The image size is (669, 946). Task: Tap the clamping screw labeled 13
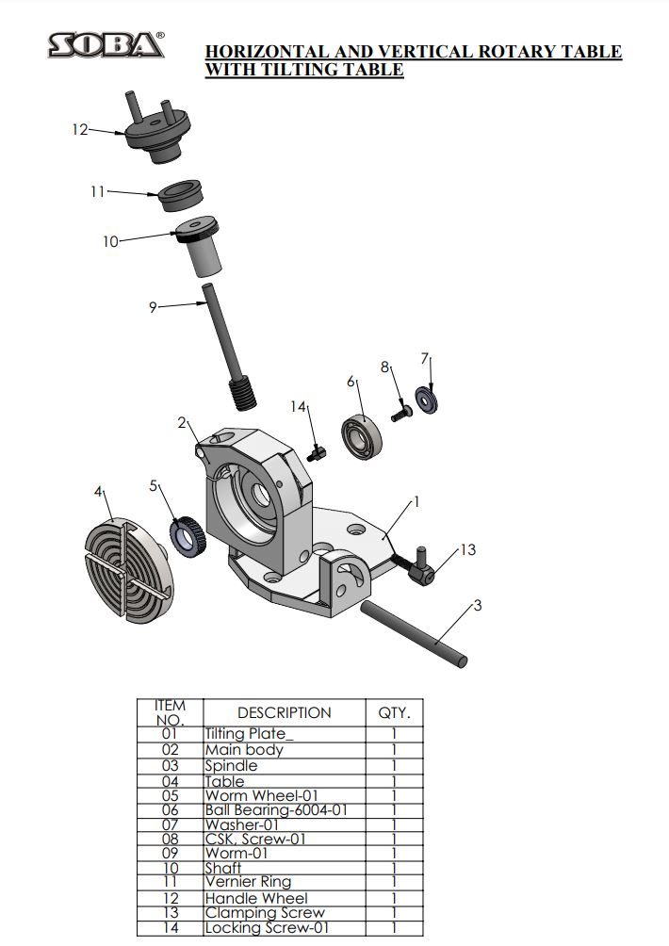pos(418,568)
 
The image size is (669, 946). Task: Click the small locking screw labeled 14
pos(317,452)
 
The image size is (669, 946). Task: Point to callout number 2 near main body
pos(182,423)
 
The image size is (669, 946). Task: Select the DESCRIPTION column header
pos(284,713)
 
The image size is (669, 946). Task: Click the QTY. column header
pos(394,713)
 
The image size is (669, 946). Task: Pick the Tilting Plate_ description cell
pos(249,734)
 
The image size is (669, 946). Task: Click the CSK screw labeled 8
pos(399,412)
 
